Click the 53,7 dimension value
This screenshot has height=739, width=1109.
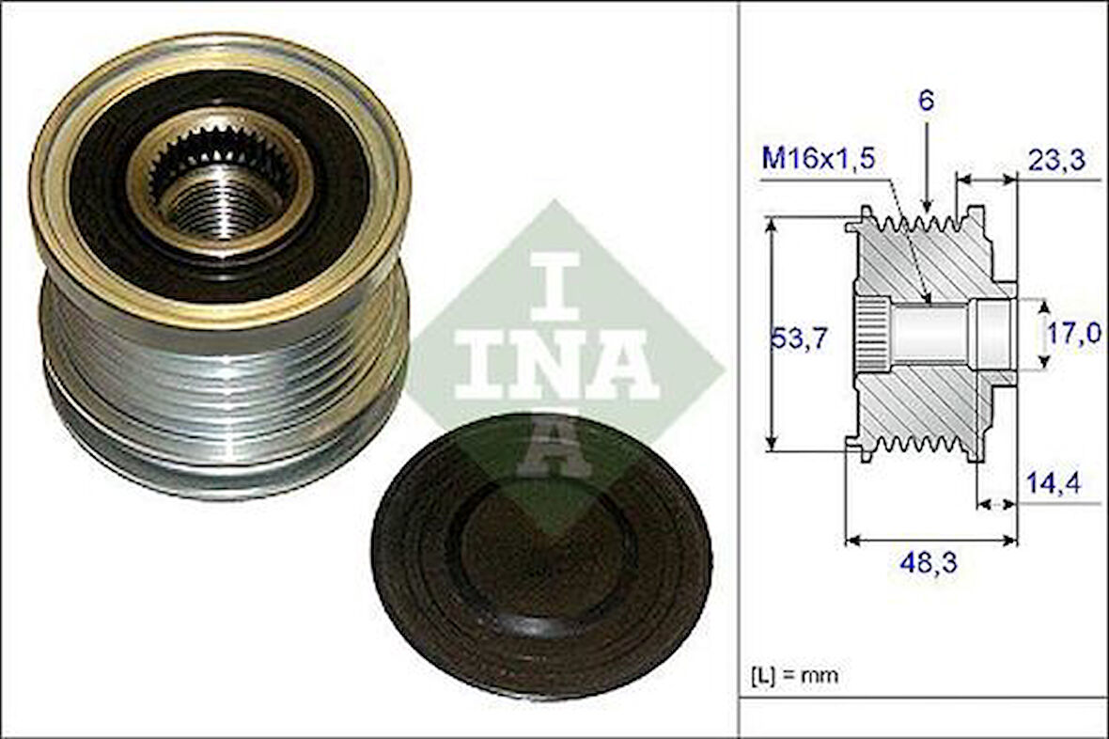799,338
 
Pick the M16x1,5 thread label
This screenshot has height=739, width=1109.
819,159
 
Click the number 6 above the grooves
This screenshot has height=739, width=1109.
927,102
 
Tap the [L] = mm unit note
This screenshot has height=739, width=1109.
794,675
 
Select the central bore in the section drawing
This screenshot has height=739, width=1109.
930,333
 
